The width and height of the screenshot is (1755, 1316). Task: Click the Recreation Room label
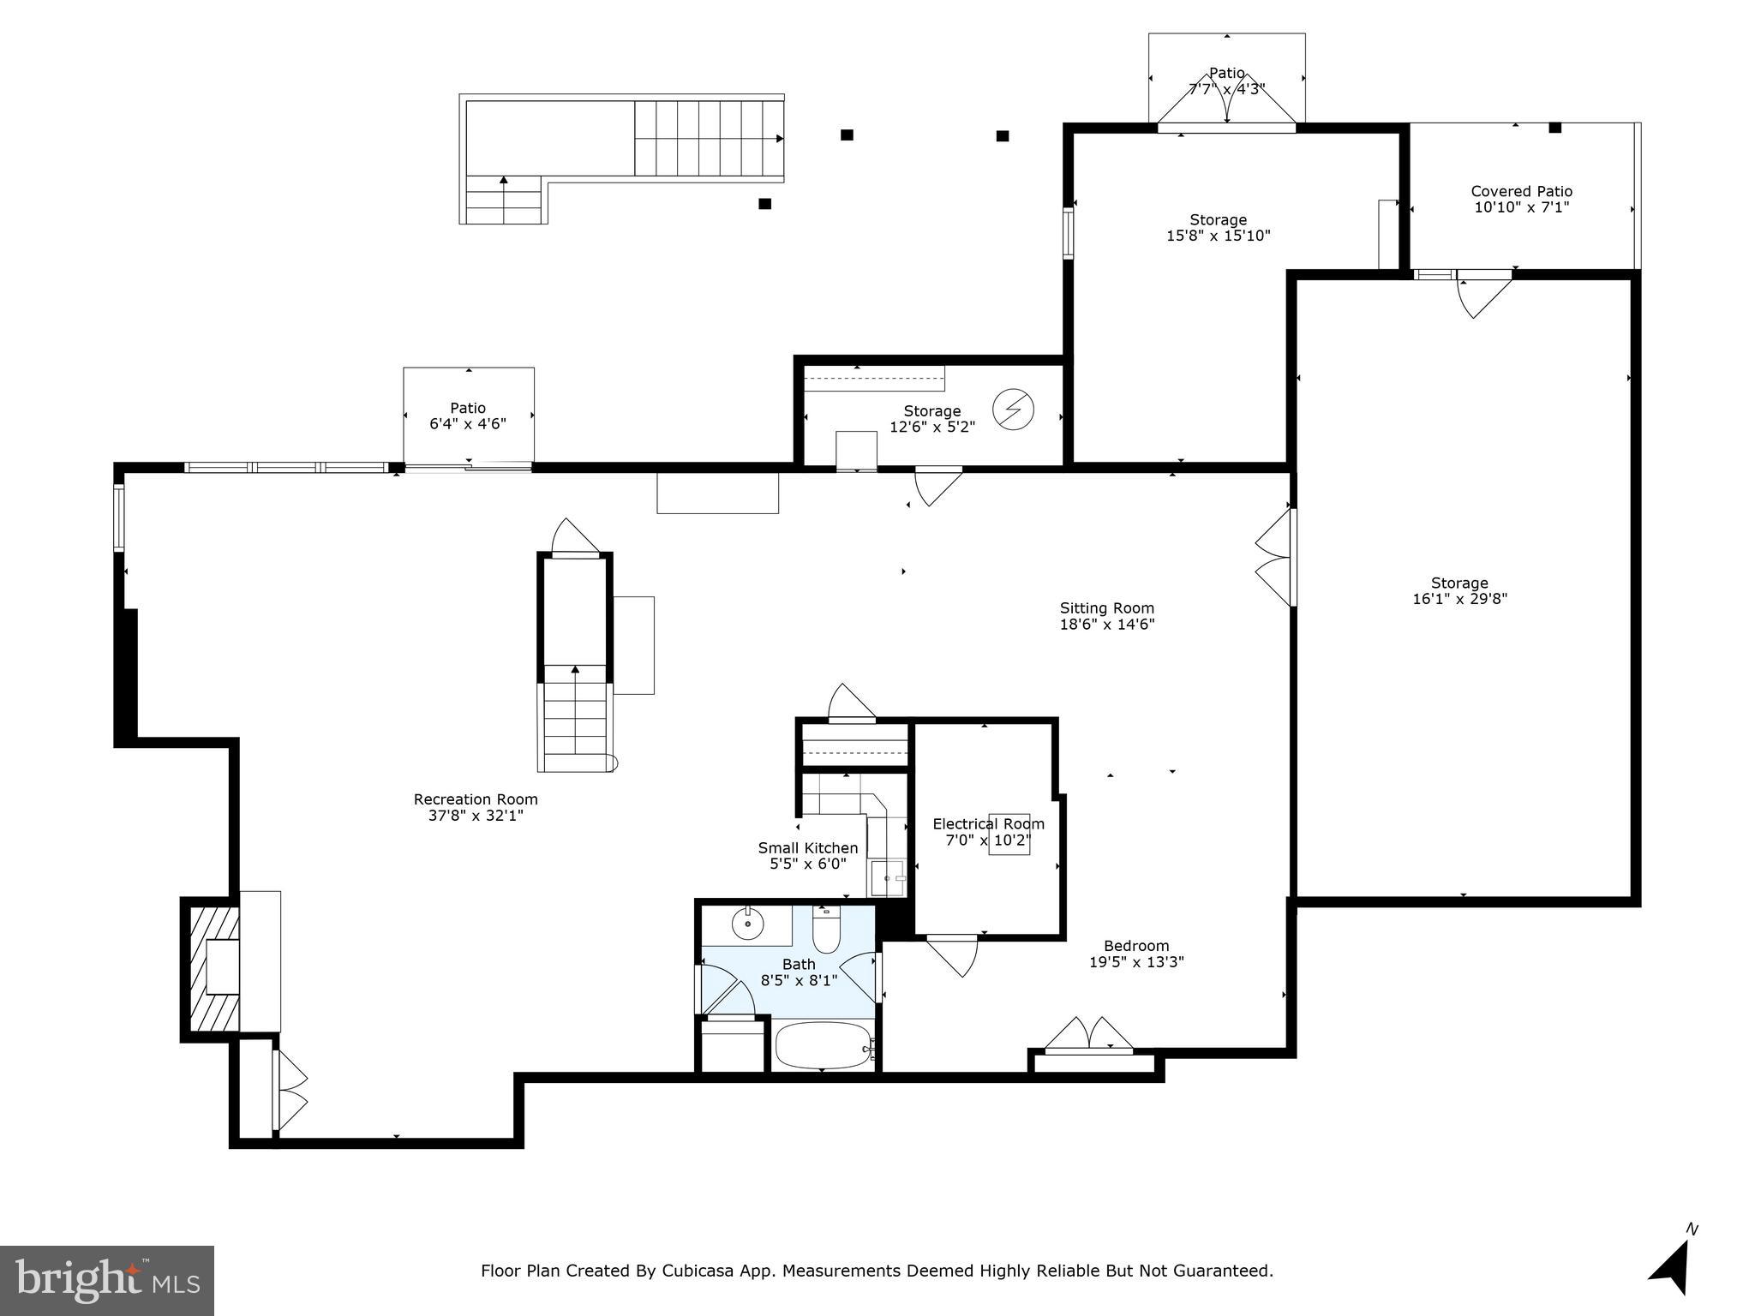click(476, 799)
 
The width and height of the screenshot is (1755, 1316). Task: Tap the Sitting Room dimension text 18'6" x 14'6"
click(1107, 625)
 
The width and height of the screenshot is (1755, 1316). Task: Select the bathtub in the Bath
click(823, 1045)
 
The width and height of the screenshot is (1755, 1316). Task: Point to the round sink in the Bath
click(748, 924)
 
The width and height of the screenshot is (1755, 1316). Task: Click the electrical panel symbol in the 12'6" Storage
click(1013, 410)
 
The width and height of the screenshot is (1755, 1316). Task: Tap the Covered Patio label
click(1521, 191)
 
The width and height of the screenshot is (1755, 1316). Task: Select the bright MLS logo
click(107, 1280)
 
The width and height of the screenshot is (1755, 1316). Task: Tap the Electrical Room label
click(988, 824)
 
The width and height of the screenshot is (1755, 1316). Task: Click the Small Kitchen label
click(807, 848)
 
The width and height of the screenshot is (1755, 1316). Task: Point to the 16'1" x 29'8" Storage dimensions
click(1459, 599)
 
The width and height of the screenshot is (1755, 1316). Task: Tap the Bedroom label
click(1135, 946)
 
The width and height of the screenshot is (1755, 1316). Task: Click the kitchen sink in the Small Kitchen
click(887, 878)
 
